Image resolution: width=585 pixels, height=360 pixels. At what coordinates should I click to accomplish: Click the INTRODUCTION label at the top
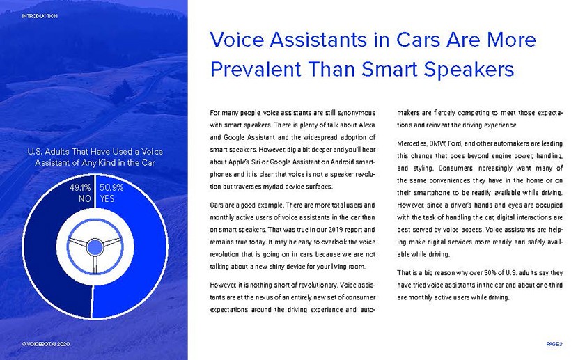[x=40, y=16]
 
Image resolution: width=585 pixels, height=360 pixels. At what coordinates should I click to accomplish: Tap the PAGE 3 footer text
[x=554, y=344]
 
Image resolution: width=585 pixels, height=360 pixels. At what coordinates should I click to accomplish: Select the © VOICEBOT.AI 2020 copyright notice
[x=45, y=344]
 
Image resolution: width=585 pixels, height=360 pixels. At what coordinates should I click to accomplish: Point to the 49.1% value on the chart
[x=80, y=187]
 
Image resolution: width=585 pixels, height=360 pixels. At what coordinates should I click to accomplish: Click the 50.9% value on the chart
[x=111, y=187]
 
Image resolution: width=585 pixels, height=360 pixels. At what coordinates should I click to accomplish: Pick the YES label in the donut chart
[x=107, y=198]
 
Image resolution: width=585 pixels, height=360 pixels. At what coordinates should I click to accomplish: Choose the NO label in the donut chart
[x=85, y=198]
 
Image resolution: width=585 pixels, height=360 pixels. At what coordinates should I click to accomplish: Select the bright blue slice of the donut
[x=149, y=261]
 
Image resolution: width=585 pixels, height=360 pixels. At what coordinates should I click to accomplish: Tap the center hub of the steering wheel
[x=95, y=247]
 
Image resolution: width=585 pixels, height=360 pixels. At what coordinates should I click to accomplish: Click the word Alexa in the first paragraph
[x=367, y=125]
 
